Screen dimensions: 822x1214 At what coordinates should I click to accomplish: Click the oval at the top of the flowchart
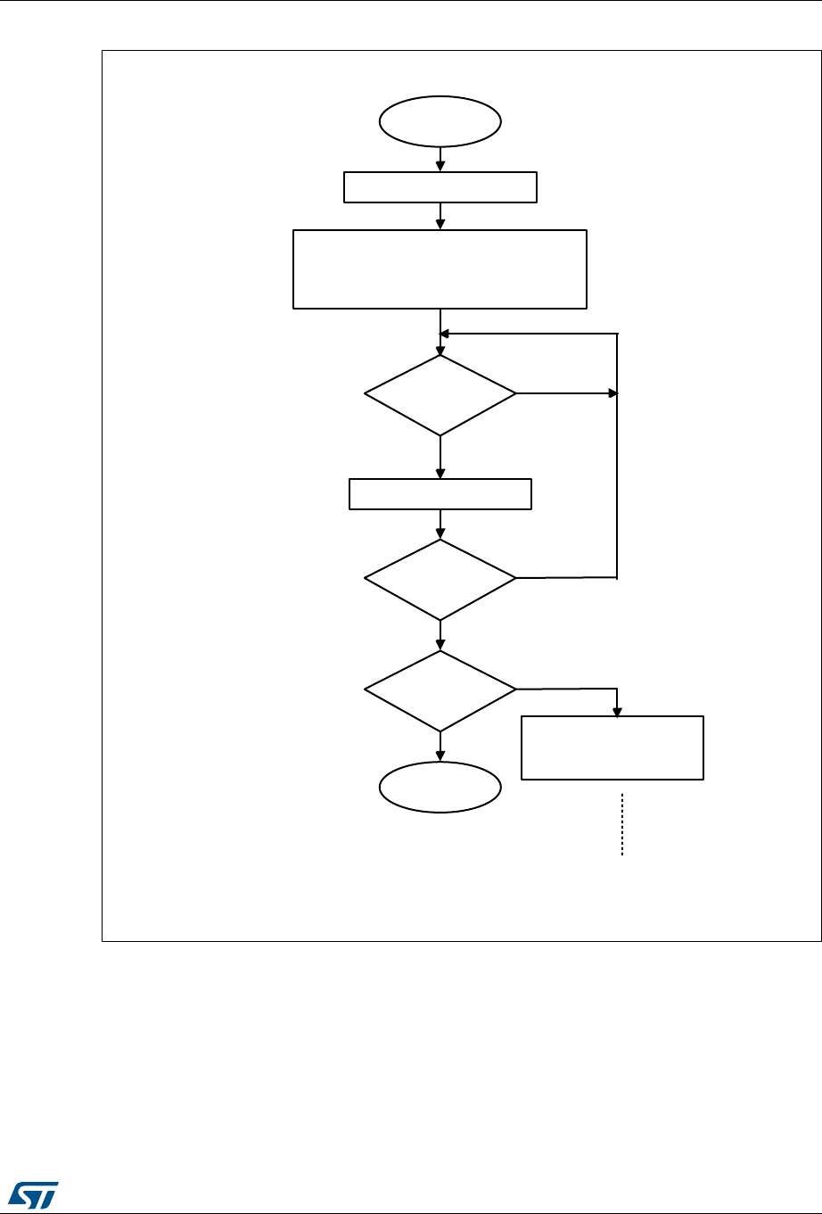[440, 120]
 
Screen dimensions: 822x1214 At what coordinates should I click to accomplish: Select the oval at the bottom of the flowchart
[440, 788]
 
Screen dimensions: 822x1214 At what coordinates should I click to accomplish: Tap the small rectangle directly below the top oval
[440, 188]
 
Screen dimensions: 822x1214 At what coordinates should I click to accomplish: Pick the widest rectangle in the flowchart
[440, 269]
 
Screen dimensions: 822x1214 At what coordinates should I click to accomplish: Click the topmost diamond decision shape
[440, 394]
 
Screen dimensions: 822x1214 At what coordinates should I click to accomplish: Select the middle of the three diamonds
[440, 579]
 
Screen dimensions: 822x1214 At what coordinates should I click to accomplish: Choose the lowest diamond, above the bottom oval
[440, 690]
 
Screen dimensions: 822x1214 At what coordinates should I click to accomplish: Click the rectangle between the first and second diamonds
[440, 493]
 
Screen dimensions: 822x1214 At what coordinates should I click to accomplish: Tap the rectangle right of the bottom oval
[612, 747]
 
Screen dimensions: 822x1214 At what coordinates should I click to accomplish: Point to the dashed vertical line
[621, 824]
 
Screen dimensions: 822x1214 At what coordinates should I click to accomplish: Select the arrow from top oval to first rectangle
[440, 161]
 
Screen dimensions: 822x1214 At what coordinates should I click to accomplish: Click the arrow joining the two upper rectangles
[440, 217]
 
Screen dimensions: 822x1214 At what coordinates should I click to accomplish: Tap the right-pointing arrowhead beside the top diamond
[612, 393]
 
